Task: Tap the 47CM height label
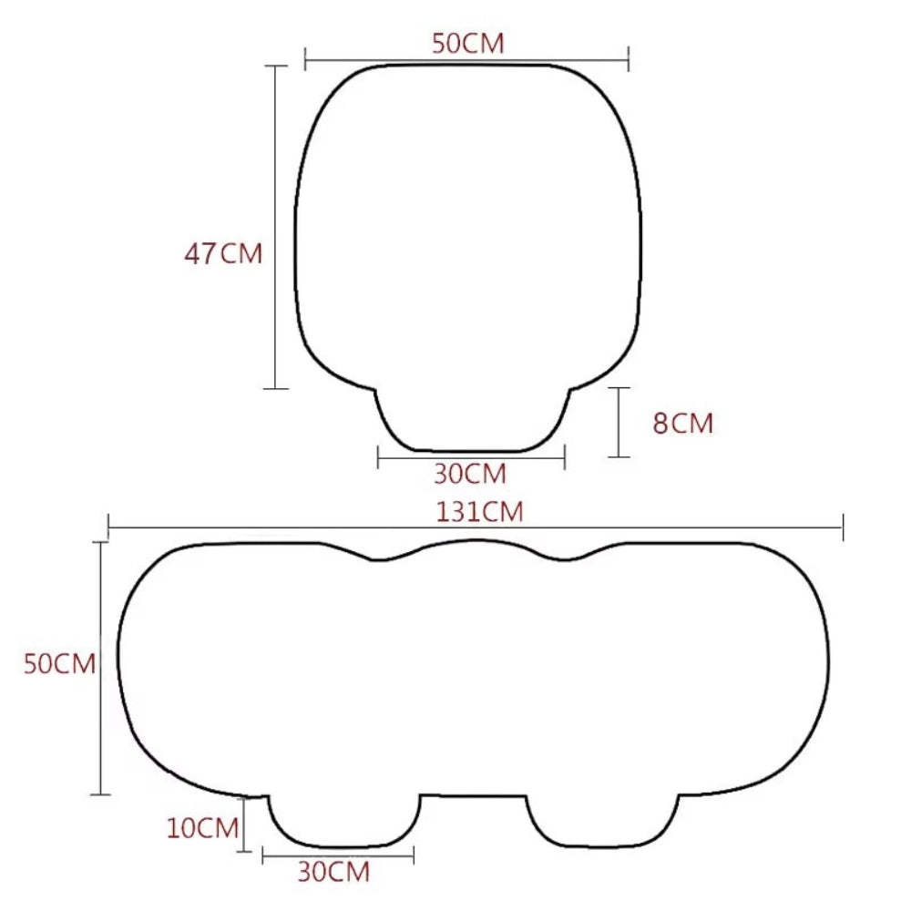click(x=223, y=253)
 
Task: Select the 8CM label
click(x=682, y=423)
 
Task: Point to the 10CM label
click(x=202, y=828)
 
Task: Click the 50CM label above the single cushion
click(x=467, y=44)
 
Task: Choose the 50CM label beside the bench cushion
click(x=59, y=664)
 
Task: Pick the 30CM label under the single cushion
click(x=470, y=474)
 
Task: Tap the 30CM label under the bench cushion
click(x=333, y=872)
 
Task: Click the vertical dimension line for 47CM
click(x=276, y=228)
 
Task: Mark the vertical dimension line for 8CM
click(x=619, y=422)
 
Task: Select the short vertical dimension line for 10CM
click(x=244, y=824)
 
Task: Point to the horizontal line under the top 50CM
click(x=466, y=61)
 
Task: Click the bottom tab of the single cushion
click(x=472, y=424)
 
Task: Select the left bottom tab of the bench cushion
click(x=343, y=820)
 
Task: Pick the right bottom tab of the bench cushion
click(x=602, y=820)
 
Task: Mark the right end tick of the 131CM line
click(x=843, y=527)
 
